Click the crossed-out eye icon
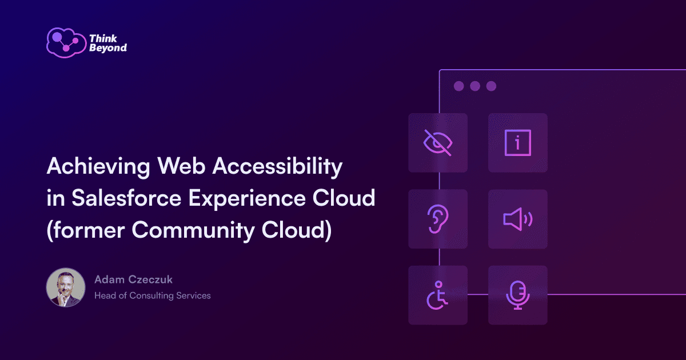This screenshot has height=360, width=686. (438, 143)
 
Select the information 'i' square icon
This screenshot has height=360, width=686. (517, 143)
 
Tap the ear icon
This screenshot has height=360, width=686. (438, 218)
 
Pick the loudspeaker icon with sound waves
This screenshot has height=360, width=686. (518, 219)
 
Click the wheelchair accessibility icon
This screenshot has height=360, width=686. (437, 295)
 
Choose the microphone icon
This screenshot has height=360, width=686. (518, 295)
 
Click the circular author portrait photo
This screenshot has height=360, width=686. (66, 287)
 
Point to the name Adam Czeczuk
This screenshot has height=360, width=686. (133, 279)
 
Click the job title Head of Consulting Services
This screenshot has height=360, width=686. (153, 295)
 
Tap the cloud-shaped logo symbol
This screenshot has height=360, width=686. (66, 43)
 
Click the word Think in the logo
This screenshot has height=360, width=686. (103, 38)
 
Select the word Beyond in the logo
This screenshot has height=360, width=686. (108, 48)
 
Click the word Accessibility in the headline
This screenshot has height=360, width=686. (277, 167)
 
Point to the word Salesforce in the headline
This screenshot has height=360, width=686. (126, 198)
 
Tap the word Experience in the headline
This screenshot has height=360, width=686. (247, 199)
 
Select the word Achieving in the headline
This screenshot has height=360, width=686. (98, 167)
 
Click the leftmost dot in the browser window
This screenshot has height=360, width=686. (458, 86)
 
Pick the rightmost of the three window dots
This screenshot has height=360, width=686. (491, 86)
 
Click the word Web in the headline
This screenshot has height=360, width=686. (181, 166)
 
